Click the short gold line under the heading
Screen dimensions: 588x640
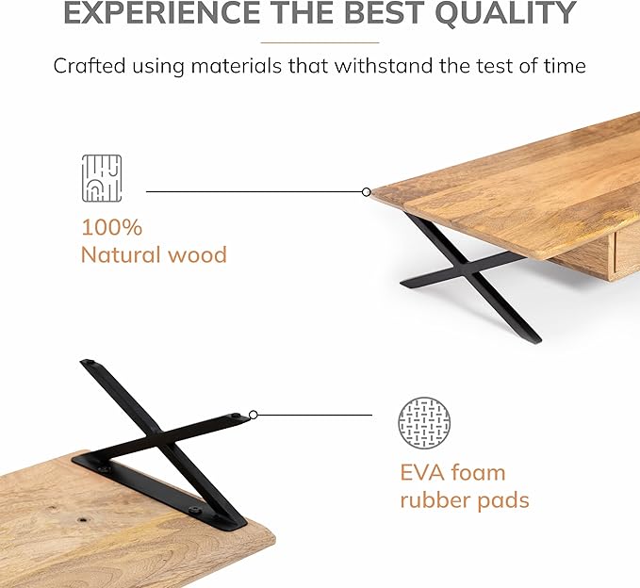coord(320,42)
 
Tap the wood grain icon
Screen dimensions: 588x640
coord(101,179)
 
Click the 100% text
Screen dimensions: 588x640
coord(111,227)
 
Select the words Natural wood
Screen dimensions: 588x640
coord(154,254)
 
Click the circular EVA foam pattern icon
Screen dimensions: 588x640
coord(424,423)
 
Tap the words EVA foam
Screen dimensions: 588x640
coord(452,472)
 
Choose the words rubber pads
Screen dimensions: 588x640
coord(465,499)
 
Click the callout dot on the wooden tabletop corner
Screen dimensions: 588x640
coord(367,192)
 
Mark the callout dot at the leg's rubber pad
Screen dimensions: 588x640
coord(253,414)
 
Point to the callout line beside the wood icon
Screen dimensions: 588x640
coord(254,192)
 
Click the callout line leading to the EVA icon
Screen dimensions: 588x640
coord(314,414)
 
